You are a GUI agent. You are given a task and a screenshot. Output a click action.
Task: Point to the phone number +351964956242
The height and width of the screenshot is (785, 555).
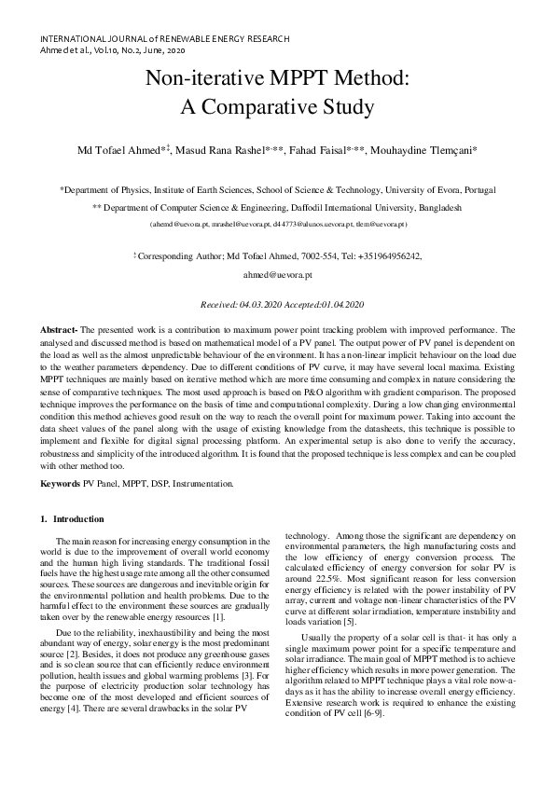coord(390,255)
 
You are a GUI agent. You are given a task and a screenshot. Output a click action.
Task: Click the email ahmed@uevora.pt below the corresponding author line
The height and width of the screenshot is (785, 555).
coord(277,276)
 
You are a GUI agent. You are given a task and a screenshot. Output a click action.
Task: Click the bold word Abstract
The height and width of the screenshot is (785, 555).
coord(58,330)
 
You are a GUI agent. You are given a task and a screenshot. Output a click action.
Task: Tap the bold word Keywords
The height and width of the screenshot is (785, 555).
coord(61,483)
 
